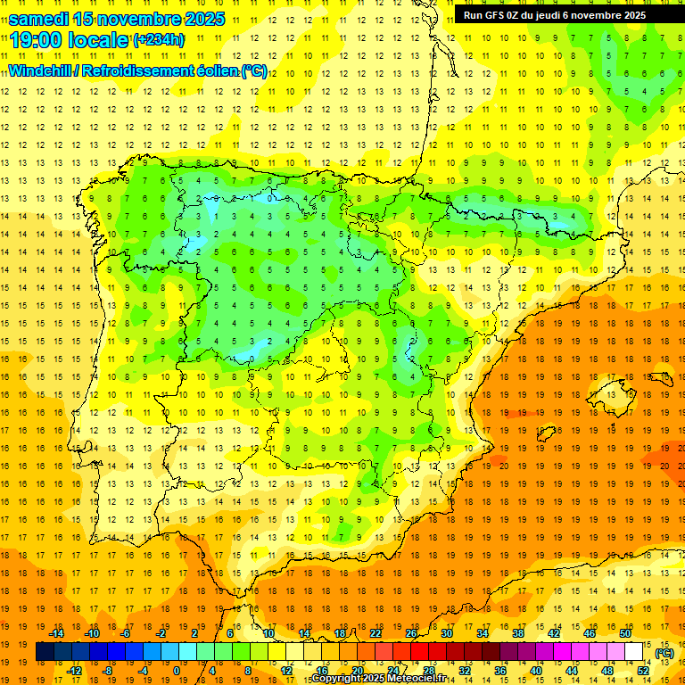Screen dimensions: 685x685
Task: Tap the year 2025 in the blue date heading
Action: click(197, 19)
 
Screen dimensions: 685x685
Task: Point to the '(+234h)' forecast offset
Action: click(159, 39)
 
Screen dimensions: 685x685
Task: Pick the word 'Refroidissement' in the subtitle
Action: click(140, 70)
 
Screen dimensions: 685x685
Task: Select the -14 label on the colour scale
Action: click(57, 633)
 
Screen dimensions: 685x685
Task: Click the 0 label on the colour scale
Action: click(176, 671)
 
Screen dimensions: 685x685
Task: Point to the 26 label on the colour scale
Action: click(411, 633)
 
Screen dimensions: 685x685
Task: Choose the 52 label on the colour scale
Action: click(643, 671)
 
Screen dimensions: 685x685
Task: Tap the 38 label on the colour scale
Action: click(517, 633)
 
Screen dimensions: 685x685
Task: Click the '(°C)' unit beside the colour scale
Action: click(664, 653)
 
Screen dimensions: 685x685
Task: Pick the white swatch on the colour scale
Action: click(634, 652)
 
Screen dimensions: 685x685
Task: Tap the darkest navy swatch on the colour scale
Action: click(45, 652)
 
